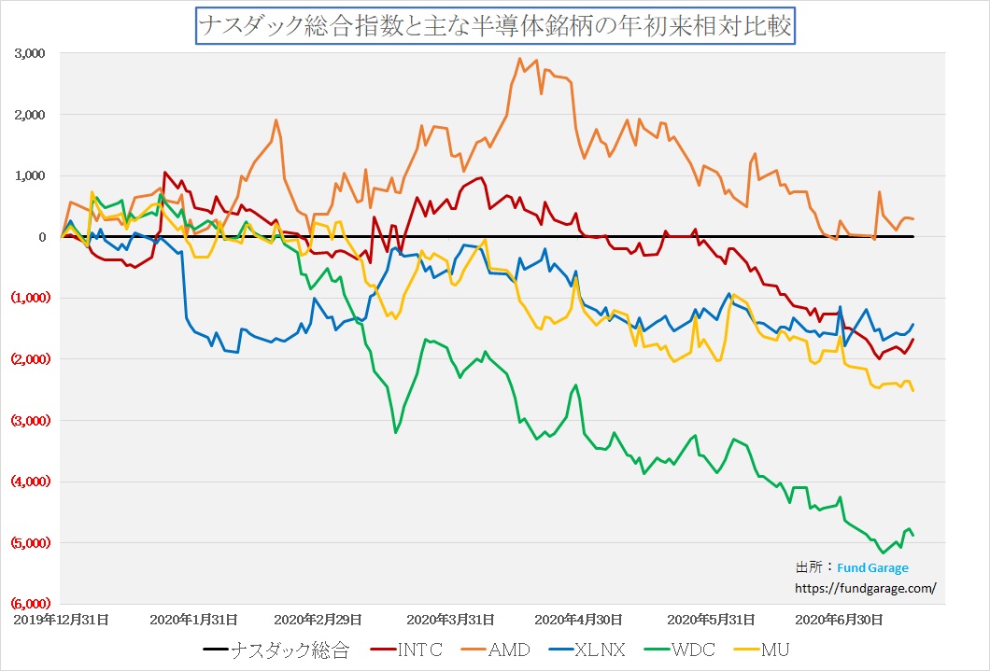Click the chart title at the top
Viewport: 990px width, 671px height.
(x=494, y=26)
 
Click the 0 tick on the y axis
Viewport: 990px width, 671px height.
(x=42, y=237)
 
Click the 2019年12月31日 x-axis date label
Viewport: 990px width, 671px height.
(x=61, y=619)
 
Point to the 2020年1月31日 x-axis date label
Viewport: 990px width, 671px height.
(x=193, y=619)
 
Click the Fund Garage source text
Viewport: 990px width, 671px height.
(x=872, y=567)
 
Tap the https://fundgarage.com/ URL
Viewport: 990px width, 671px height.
(x=864, y=588)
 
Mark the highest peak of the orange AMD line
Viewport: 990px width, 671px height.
(x=520, y=58)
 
